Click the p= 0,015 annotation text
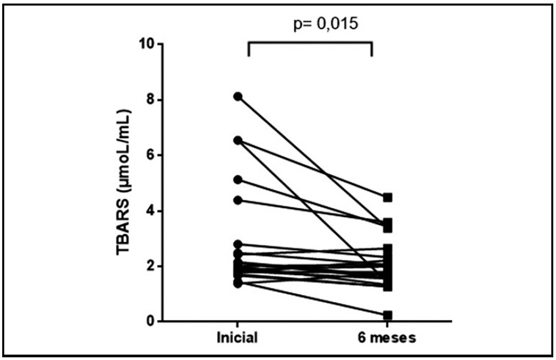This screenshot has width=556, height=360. pyautogui.click(x=310, y=23)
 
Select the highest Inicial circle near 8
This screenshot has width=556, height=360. pyautogui.click(x=238, y=96)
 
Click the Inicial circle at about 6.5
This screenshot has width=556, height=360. pyautogui.click(x=238, y=141)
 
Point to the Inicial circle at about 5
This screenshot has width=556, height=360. pyautogui.click(x=238, y=180)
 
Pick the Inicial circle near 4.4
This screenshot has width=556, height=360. pyautogui.click(x=238, y=200)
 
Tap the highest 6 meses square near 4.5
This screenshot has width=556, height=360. pyautogui.click(x=388, y=197)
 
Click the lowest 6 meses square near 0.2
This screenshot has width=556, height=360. pyautogui.click(x=388, y=315)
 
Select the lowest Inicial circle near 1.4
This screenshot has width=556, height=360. pyautogui.click(x=238, y=284)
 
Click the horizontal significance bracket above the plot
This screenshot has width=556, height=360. pyautogui.click(x=310, y=42)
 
